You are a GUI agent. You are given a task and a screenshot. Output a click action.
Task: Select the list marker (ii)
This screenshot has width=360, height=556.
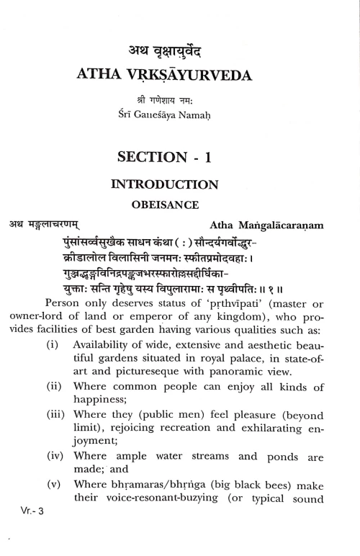click(53, 408)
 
